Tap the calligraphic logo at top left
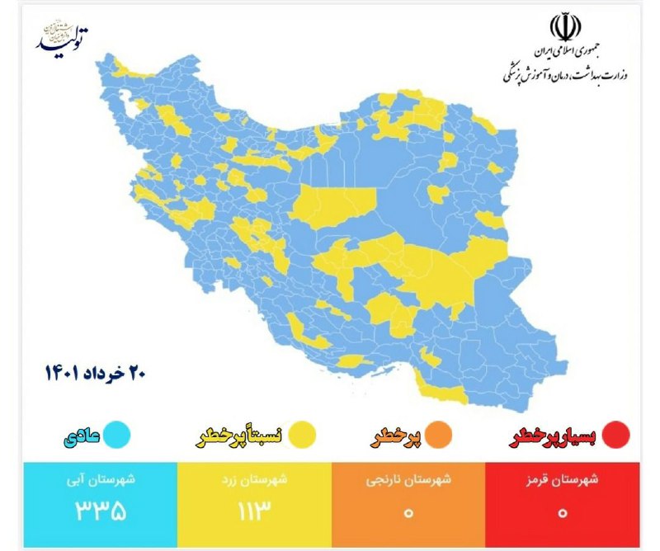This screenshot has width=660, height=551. (61, 37)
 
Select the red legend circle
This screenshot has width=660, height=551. (616, 434)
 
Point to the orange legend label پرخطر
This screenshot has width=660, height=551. (401, 435)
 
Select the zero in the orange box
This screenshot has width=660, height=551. (408, 512)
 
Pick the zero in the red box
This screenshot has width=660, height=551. (562, 512)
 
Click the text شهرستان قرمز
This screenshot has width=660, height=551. (562, 479)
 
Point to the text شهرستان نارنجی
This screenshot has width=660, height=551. (408, 479)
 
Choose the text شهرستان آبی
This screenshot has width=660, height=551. (101, 479)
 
